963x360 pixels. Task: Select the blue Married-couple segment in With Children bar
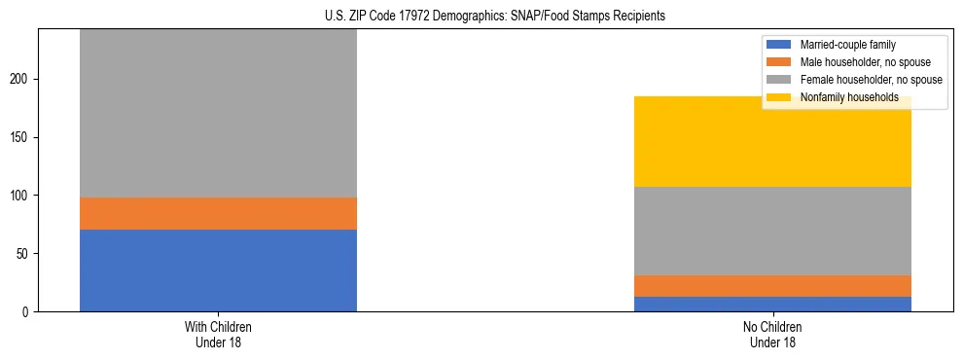pos(218,270)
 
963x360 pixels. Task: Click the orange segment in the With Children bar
pos(218,213)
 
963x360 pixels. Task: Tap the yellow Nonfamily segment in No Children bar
pos(772,142)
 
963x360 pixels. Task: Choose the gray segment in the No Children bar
pos(772,231)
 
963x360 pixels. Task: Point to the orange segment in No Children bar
pos(772,286)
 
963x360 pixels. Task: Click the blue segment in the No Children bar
pos(772,304)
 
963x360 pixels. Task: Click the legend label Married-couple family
pos(847,45)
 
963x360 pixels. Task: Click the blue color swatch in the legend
pos(780,45)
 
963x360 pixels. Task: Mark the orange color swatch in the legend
pos(780,62)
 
